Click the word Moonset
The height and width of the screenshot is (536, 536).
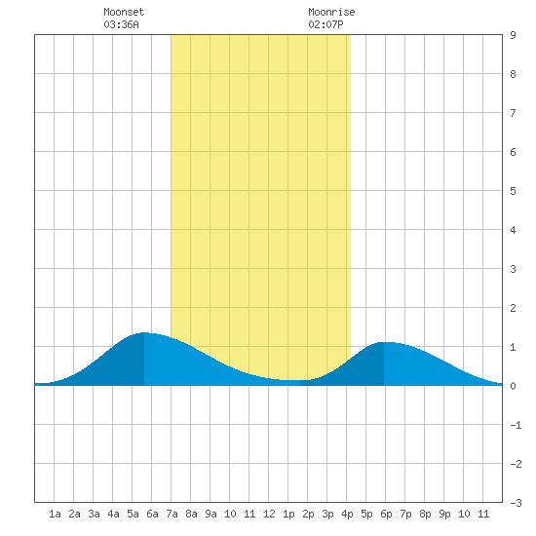(x=124, y=12)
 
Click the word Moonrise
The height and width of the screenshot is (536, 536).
(x=331, y=12)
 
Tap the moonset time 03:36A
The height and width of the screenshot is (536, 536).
(x=121, y=24)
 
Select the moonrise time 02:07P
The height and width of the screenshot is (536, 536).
(x=325, y=24)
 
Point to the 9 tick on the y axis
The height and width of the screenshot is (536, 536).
(x=513, y=35)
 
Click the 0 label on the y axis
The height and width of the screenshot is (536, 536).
(x=513, y=386)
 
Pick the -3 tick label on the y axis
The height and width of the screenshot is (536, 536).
(x=516, y=503)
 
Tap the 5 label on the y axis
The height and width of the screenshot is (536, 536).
(x=513, y=191)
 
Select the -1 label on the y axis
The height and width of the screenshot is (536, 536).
(x=516, y=425)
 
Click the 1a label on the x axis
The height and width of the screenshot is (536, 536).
(x=55, y=514)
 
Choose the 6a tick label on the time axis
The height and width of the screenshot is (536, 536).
(x=152, y=514)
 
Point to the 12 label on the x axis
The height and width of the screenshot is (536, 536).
(x=269, y=514)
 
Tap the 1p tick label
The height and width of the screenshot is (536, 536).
(x=288, y=514)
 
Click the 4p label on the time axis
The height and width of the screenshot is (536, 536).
(x=347, y=514)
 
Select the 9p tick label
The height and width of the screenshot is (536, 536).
(x=444, y=514)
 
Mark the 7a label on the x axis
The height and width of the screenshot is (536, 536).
(x=172, y=514)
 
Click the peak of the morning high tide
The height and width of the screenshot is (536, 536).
(x=144, y=332)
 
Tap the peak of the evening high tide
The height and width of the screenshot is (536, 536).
(x=384, y=342)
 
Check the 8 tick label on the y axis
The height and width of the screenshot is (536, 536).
(x=513, y=74)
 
